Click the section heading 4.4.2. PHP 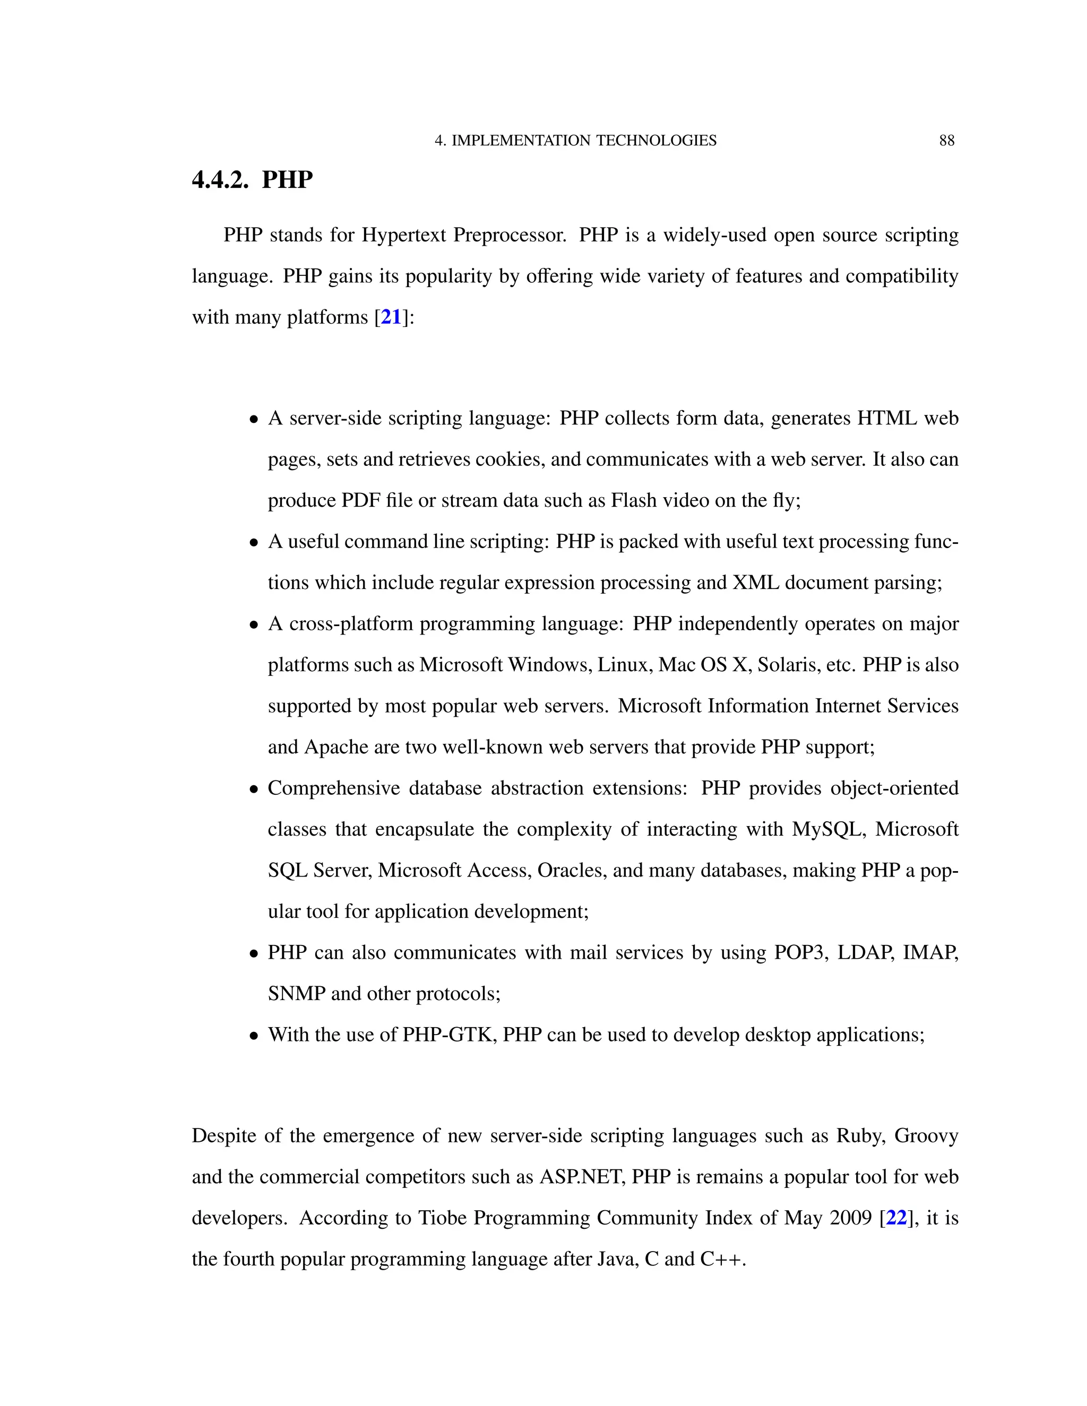(x=253, y=180)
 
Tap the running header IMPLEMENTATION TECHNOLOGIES (x=583, y=141)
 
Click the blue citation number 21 (x=391, y=317)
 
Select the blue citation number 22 (x=896, y=1218)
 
